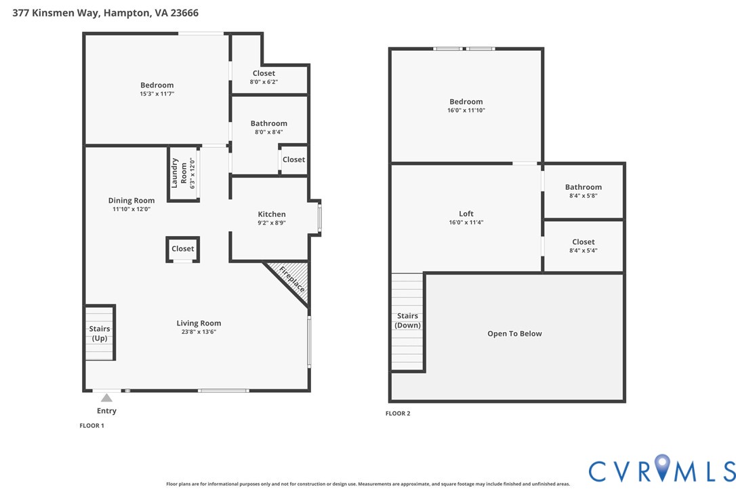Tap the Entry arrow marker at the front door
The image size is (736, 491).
106,398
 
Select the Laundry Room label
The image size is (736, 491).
179,173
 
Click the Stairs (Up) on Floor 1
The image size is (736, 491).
100,333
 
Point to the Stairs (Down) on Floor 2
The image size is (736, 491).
407,321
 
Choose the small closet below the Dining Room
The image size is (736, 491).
182,249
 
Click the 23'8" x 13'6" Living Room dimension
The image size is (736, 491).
199,332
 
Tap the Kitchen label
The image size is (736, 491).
271,214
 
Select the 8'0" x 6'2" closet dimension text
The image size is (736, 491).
264,81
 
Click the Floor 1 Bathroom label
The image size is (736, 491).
268,123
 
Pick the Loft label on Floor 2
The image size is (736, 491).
466,214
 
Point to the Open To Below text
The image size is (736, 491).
514,334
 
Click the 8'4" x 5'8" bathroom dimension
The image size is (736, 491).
583,196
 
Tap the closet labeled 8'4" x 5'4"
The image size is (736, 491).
583,245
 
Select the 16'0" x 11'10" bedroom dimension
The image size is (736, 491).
466,110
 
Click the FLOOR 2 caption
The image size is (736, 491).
398,413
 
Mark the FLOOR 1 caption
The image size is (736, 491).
92,426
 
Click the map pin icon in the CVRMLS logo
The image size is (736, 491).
662,467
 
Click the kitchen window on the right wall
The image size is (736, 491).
320,217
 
